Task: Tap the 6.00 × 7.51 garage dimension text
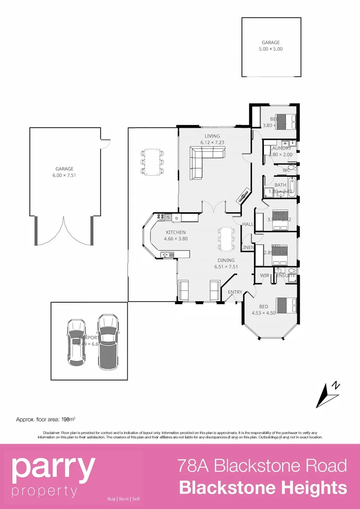pyautogui.click(x=65, y=175)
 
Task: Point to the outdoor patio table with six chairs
pyautogui.click(x=152, y=162)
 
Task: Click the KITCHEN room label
pyautogui.click(x=175, y=232)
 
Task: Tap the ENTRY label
pyautogui.click(x=235, y=292)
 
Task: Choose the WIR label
pyautogui.click(x=264, y=275)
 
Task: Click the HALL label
pyautogui.click(x=248, y=224)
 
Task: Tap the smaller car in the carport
pyautogui.click(x=76, y=341)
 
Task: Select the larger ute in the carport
pyautogui.click(x=107, y=341)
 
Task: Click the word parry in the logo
pyautogui.click(x=53, y=467)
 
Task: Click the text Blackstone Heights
pyautogui.click(x=263, y=487)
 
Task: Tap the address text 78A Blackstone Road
pyautogui.click(x=262, y=466)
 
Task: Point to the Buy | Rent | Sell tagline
pyautogui.click(x=123, y=499)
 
